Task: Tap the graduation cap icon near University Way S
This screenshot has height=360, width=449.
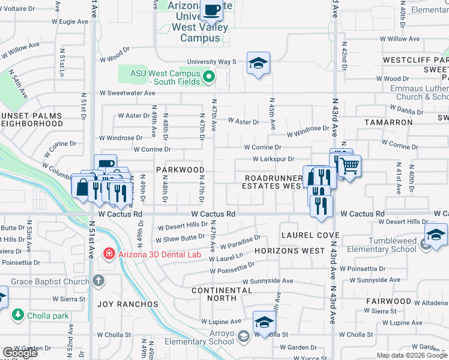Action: tap(258, 64)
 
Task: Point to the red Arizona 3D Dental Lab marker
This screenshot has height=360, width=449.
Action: tap(109, 253)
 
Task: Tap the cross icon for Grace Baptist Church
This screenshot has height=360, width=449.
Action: tap(98, 280)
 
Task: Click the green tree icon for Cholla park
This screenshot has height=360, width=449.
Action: tap(18, 314)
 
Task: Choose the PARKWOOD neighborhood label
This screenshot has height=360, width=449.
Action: tap(181, 170)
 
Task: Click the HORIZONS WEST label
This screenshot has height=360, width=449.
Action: tap(289, 250)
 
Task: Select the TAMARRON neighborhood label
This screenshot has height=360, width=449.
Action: tap(388, 122)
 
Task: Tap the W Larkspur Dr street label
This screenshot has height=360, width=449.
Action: tap(273, 159)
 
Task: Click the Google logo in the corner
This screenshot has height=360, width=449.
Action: tap(20, 353)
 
